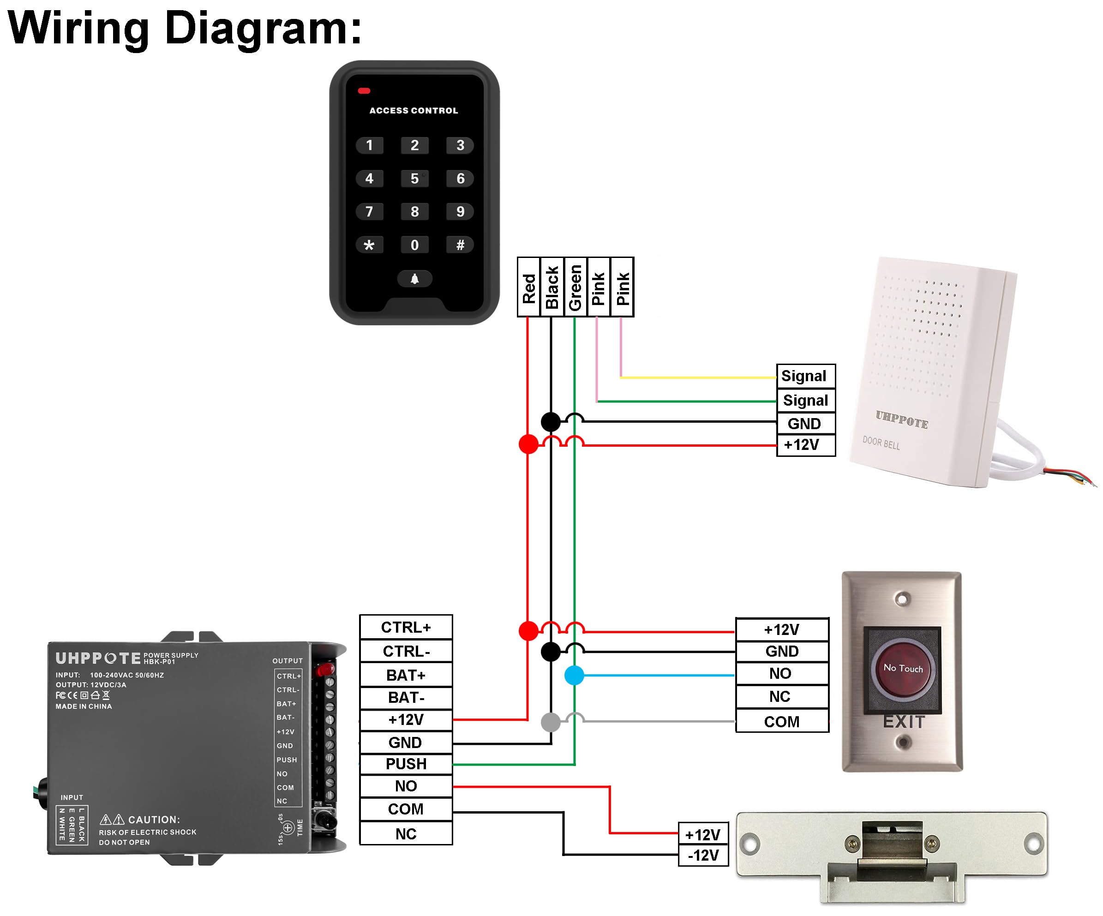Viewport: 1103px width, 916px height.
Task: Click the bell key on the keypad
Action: (414, 279)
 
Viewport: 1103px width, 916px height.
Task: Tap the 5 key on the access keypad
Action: (414, 179)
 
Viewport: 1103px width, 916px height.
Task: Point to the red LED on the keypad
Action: (364, 91)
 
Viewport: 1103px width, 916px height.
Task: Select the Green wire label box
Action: (575, 287)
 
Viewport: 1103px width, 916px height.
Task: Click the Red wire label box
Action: (529, 287)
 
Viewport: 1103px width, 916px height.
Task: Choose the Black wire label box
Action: (552, 287)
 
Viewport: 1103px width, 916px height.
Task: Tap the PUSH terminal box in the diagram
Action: (406, 764)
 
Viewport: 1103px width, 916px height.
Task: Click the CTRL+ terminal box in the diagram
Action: (406, 627)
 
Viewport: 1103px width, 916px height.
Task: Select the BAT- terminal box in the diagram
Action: (406, 698)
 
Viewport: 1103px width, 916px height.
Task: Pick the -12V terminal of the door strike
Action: (703, 855)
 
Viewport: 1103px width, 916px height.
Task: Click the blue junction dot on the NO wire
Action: (574, 676)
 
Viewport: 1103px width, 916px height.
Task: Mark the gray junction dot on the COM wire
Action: (551, 722)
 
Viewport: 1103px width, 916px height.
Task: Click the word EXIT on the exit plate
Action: (904, 722)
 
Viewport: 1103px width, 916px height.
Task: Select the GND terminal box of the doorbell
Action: (806, 423)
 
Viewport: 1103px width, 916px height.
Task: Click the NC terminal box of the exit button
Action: (781, 696)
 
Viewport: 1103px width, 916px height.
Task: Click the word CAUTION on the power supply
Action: (153, 820)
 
